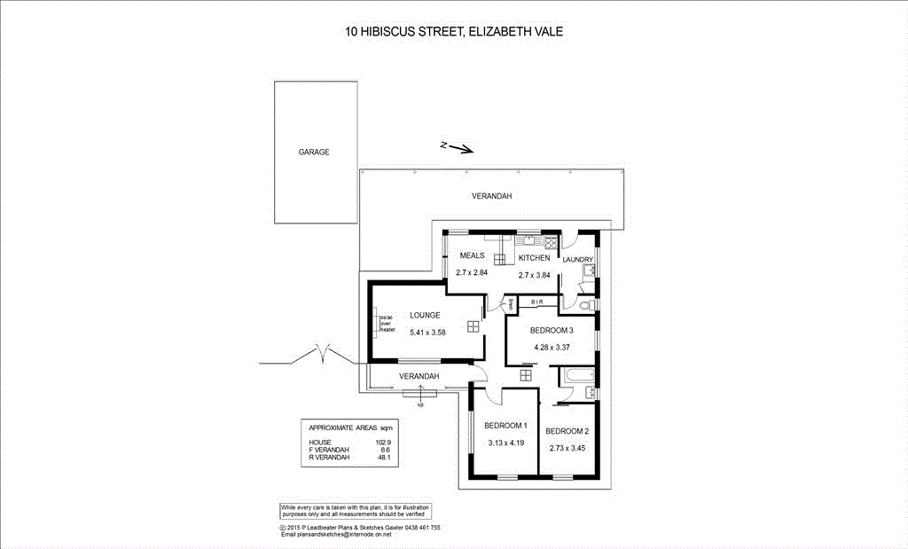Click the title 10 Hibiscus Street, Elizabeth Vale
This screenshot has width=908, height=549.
pyautogui.click(x=453, y=32)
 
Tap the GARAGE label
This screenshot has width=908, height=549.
pyautogui.click(x=314, y=152)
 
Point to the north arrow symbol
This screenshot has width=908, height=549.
pyautogui.click(x=458, y=147)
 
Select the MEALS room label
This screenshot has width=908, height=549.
pyautogui.click(x=471, y=255)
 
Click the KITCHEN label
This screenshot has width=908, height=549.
pyautogui.click(x=534, y=257)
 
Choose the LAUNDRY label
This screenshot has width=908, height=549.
pyautogui.click(x=577, y=260)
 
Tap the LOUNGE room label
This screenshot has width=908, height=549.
pyautogui.click(x=425, y=315)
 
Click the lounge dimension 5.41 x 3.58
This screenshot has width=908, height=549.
pyautogui.click(x=427, y=332)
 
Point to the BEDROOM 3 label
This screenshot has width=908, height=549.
pyautogui.click(x=552, y=330)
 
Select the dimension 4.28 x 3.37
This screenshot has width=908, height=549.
pyautogui.click(x=552, y=347)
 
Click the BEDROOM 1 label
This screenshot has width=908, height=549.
pyautogui.click(x=506, y=426)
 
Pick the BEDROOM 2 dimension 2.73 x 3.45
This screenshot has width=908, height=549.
pyautogui.click(x=567, y=448)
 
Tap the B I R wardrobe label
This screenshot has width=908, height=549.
pyautogui.click(x=537, y=302)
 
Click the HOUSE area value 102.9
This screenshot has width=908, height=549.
pyautogui.click(x=383, y=442)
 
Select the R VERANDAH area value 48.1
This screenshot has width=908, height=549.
pyautogui.click(x=384, y=458)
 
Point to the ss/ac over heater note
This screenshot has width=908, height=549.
pyautogui.click(x=387, y=323)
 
